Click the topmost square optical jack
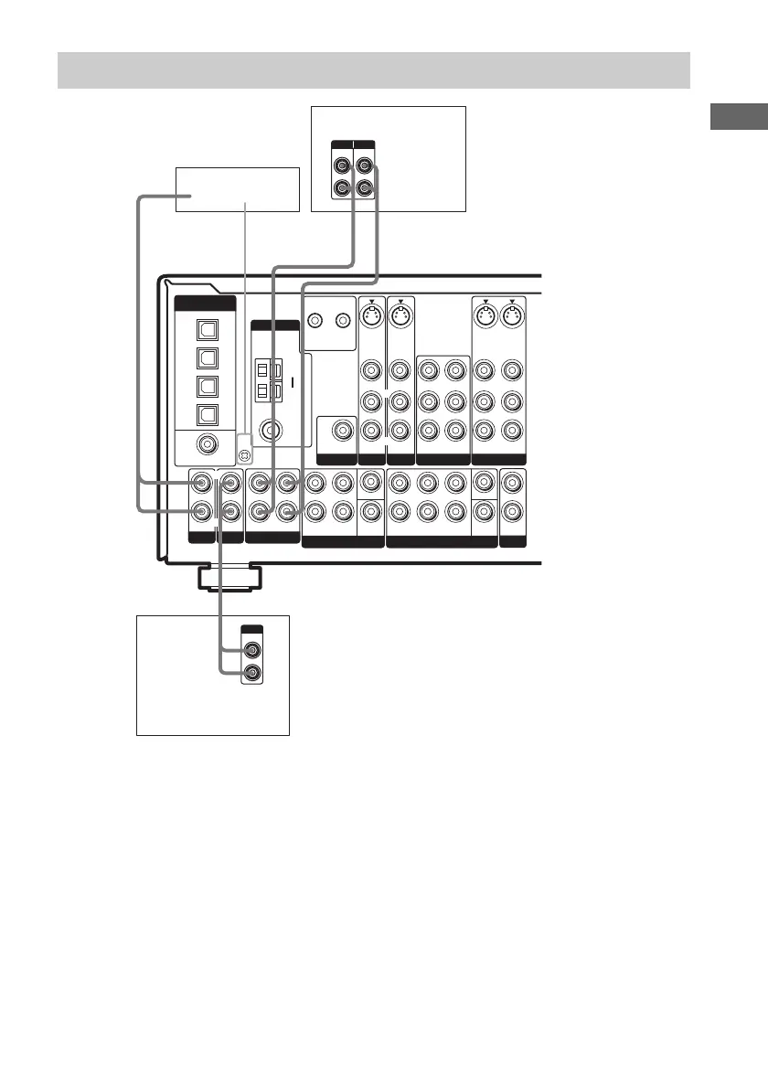click(204, 326)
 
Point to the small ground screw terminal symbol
click(243, 454)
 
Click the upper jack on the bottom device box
click(253, 650)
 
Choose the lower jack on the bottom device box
click(253, 674)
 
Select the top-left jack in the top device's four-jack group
click(341, 166)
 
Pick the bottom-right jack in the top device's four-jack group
click(365, 189)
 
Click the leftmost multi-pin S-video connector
click(371, 318)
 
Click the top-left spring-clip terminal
click(261, 371)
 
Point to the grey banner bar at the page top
click(373, 69)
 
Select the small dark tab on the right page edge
click(739, 120)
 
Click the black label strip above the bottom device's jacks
click(253, 630)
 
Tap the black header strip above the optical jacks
click(204, 304)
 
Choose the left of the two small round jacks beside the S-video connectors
click(316, 321)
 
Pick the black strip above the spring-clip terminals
click(274, 325)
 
